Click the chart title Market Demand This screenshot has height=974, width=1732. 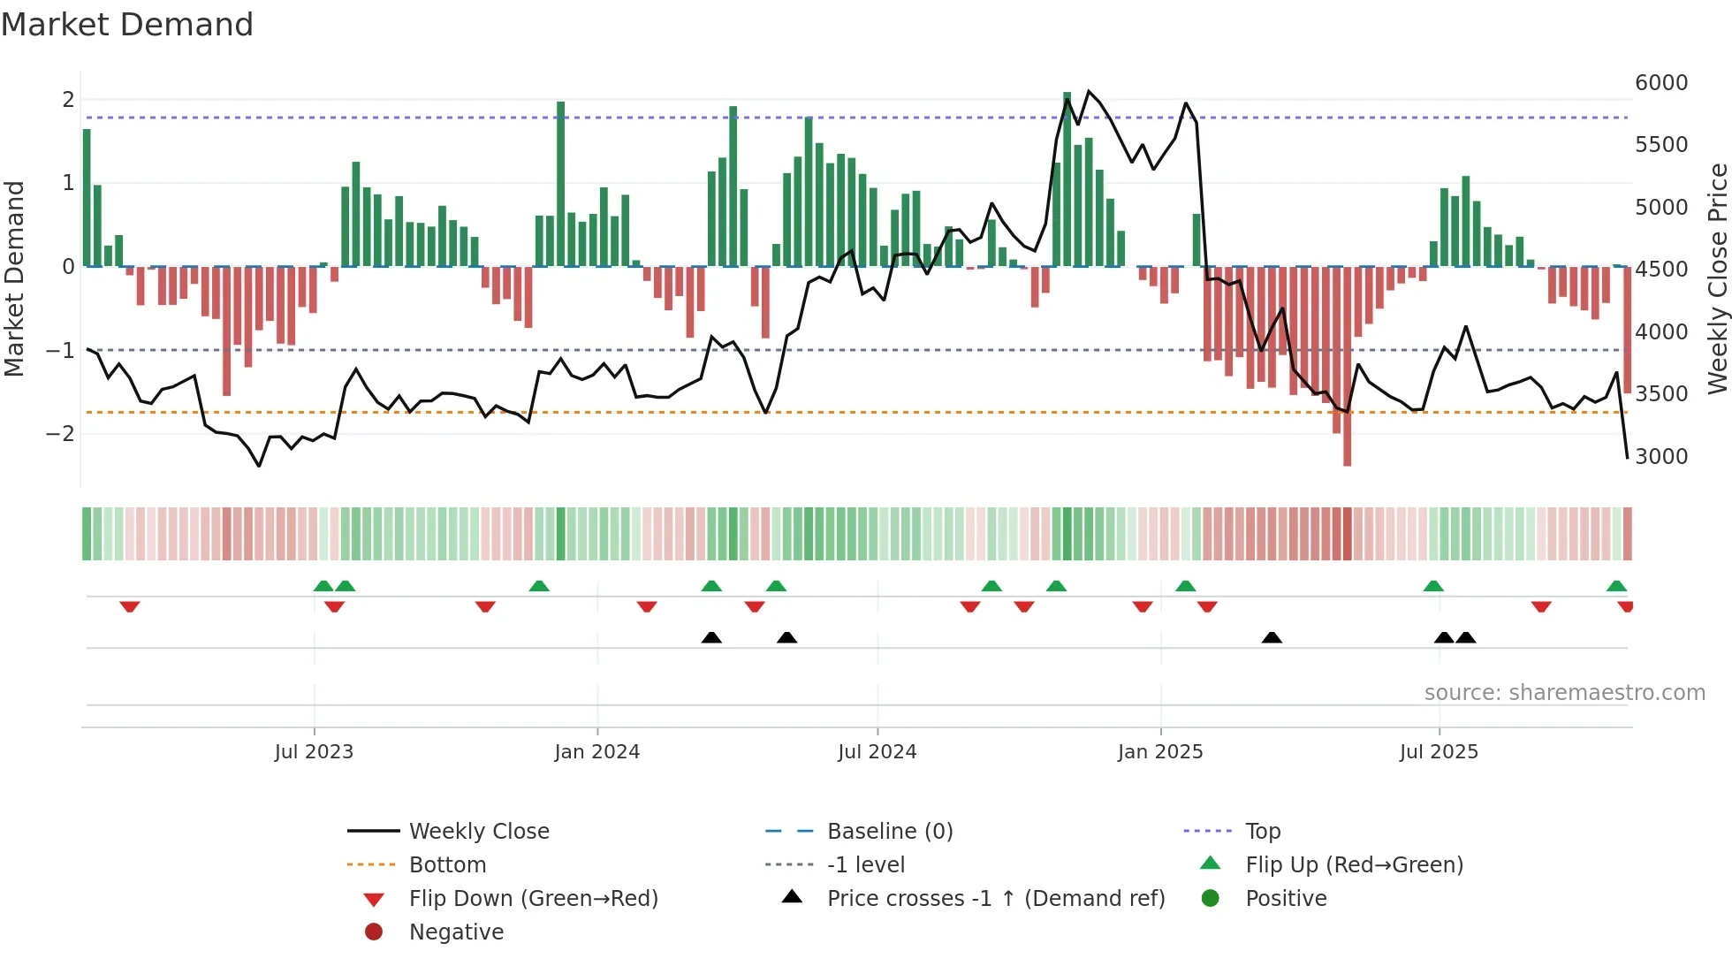127,25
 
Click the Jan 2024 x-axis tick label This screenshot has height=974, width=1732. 596,752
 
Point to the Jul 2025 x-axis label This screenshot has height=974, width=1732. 1439,752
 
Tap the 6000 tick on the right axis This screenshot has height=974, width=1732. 1661,83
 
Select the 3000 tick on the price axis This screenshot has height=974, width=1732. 1661,457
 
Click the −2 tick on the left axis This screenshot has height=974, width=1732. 61,434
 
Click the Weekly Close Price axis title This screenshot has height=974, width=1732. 1717,278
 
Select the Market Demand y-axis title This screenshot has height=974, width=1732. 14,278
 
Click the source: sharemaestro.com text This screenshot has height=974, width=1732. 1564,693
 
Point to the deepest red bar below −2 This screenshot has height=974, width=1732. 1347,371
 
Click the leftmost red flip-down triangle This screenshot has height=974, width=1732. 130,606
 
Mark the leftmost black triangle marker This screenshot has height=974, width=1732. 711,637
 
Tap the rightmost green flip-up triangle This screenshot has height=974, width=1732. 1616,586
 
